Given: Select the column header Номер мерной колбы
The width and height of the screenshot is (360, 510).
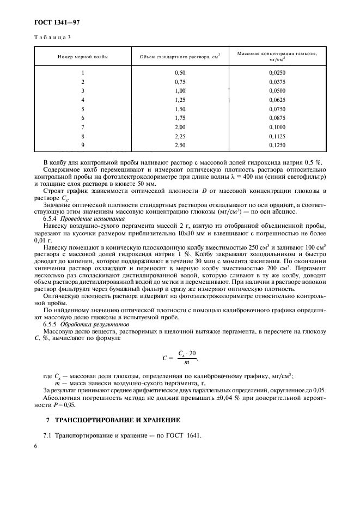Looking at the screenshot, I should pos(83,57).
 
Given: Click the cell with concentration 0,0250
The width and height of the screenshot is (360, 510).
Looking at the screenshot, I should pos(277,72).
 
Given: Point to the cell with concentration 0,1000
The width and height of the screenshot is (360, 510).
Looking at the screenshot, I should pos(277,127).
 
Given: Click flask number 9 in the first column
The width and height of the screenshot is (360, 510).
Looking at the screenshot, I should pos(83,145).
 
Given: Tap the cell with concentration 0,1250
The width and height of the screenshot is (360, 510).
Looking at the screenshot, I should pos(277,145).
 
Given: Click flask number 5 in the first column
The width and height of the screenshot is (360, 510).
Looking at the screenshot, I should pos(83,109).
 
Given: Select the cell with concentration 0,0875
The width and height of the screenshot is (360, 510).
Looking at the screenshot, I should pos(277,118).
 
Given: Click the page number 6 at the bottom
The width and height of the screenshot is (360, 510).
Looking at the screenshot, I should pos(35,446).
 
